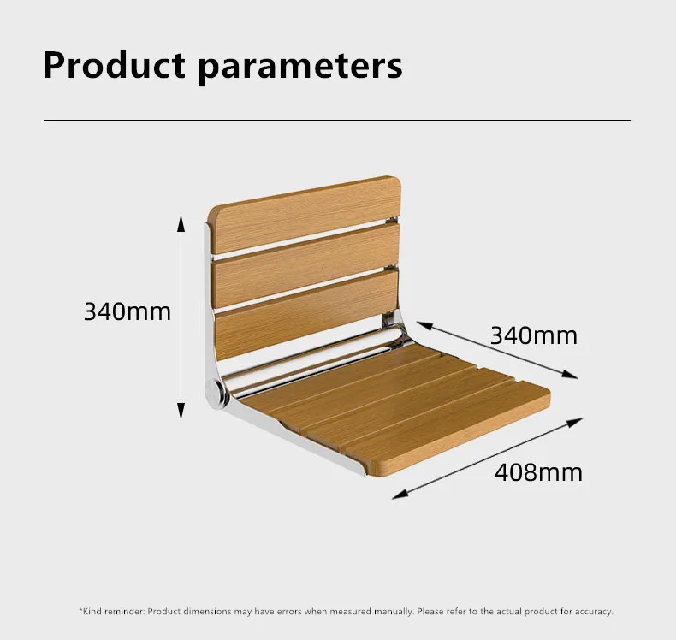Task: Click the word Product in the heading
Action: [115, 65]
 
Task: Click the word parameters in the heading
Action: [300, 69]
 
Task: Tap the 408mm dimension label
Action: [538, 472]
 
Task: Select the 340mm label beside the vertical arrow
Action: [127, 311]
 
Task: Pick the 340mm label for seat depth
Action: [534, 335]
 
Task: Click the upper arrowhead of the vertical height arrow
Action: [181, 223]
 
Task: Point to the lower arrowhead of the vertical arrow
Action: [181, 411]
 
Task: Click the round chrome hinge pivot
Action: [216, 393]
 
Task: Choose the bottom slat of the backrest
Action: [305, 314]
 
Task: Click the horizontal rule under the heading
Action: [337, 121]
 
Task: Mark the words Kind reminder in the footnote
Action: [114, 611]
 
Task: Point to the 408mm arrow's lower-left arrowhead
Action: [400, 495]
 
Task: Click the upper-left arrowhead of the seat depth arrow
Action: [424, 325]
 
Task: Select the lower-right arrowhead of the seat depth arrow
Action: [570, 374]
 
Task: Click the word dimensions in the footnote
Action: [207, 611]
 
